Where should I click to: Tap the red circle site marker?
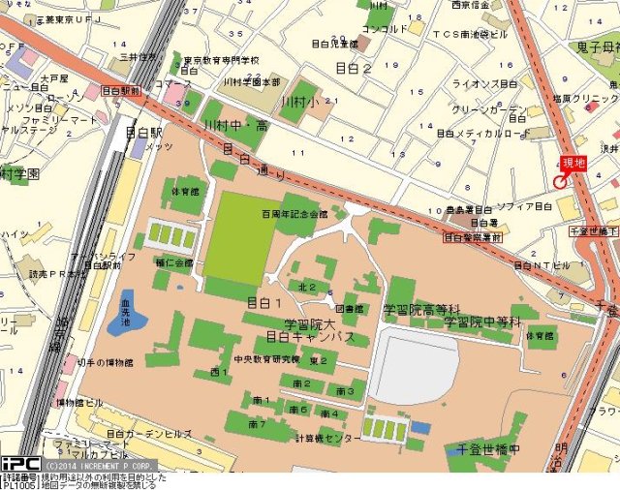[560, 182]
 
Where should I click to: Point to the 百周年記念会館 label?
[294, 214]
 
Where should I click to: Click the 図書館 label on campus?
[349, 309]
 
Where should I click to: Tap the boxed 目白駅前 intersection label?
[121, 90]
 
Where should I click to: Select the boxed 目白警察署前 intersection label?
[473, 236]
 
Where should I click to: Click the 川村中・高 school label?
[235, 126]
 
